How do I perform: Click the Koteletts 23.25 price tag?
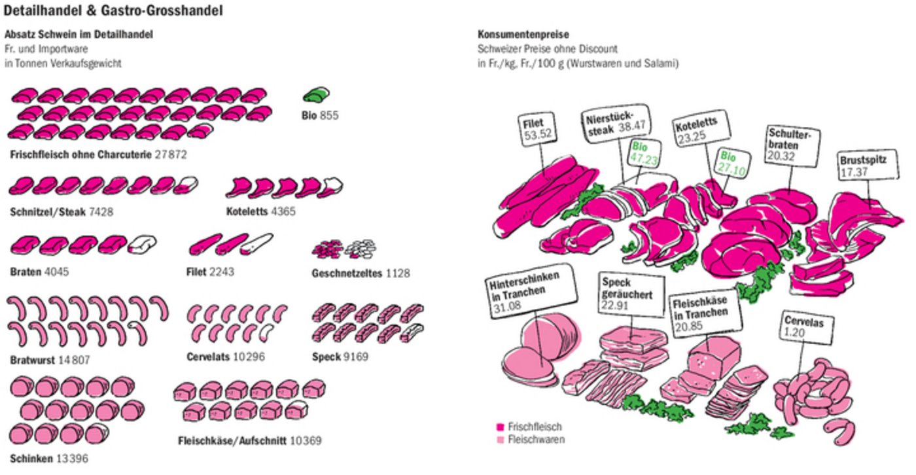[695, 129]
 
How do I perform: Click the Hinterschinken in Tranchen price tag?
[523, 289]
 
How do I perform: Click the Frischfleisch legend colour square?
[500, 427]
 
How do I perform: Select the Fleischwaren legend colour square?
[500, 440]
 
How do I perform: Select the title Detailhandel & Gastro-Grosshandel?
[113, 10]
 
